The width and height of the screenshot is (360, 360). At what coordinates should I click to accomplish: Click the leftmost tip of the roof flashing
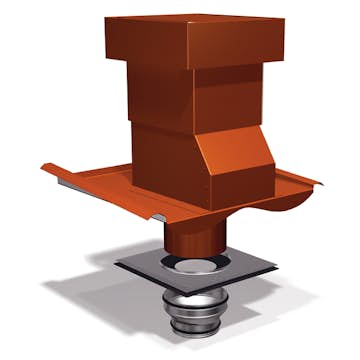(x=39, y=166)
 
